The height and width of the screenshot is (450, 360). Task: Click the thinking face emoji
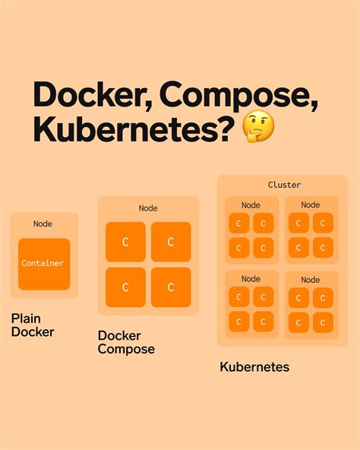coord(258,126)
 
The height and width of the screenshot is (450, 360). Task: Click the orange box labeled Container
coord(44,264)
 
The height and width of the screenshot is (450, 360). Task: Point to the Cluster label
coord(284,185)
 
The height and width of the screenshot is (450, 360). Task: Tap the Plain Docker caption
coord(33,325)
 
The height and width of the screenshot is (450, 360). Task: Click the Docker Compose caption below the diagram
coord(126,342)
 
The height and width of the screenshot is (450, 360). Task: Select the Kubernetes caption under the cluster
coord(254,367)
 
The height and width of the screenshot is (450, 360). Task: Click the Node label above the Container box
coord(43,223)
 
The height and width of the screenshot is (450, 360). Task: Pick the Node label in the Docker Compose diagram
coord(148,208)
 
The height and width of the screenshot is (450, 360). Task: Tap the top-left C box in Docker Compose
coord(125,242)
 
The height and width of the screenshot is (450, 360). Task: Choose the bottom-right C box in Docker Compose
coord(171,287)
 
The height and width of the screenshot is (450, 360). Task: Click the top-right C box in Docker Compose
coord(171,242)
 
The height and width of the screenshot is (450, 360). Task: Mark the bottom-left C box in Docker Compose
coord(125,287)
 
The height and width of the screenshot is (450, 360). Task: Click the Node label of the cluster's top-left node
coord(251,205)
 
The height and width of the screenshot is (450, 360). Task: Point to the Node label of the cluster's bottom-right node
coord(311,280)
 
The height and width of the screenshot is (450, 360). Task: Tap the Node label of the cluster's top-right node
coord(311,205)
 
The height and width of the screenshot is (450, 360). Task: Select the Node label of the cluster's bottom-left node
coord(251,279)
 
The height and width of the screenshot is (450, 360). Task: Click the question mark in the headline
coord(225,128)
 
